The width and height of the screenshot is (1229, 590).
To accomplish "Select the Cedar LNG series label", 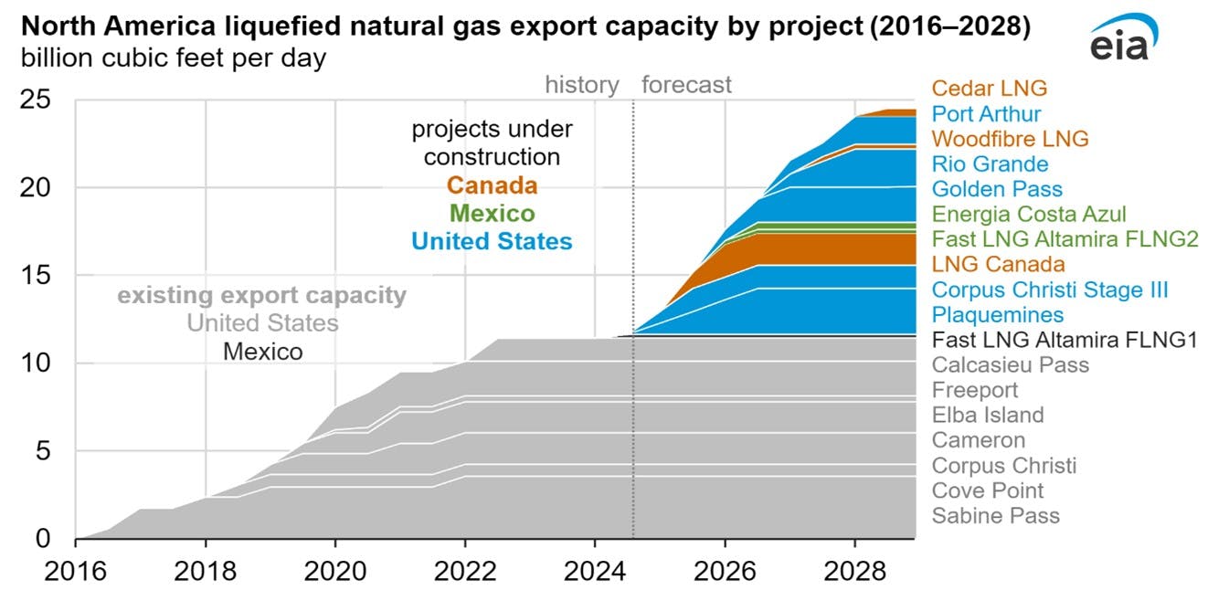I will pyautogui.click(x=989, y=89).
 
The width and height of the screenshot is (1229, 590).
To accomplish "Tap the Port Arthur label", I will pyautogui.click(x=986, y=114).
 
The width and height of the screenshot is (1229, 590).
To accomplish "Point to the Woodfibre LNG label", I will pyautogui.click(x=1010, y=139).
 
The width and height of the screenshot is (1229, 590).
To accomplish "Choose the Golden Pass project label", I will pyautogui.click(x=997, y=189).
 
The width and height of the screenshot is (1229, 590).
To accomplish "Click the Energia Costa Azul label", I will pyautogui.click(x=1029, y=215).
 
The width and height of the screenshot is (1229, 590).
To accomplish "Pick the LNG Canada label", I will pyautogui.click(x=998, y=265).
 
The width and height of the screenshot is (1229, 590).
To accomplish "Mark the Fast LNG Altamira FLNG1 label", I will pyautogui.click(x=1065, y=340).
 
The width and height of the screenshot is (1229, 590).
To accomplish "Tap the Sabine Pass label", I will pyautogui.click(x=995, y=516).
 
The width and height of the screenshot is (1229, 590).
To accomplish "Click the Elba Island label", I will pyautogui.click(x=987, y=416).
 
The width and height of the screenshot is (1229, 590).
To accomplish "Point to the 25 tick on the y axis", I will pyautogui.click(x=38, y=100).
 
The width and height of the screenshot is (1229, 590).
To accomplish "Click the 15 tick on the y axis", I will pyautogui.click(x=38, y=276).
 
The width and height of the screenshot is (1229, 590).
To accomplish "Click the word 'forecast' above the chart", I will pyautogui.click(x=686, y=86).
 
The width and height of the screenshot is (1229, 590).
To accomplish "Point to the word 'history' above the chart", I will pyautogui.click(x=582, y=86).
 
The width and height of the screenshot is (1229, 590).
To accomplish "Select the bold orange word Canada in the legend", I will pyautogui.click(x=492, y=186).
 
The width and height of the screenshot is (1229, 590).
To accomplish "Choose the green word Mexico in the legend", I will pyautogui.click(x=492, y=214).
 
